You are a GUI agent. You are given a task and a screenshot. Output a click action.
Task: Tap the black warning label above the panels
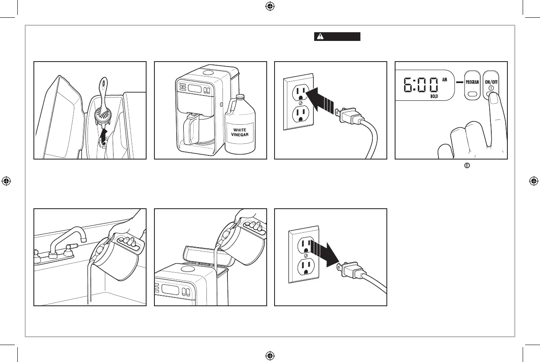pos(337,37)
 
